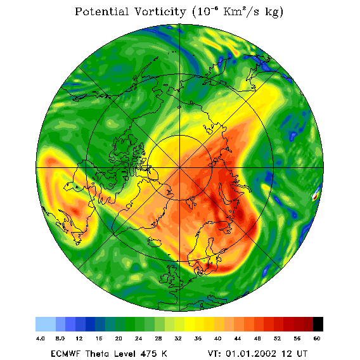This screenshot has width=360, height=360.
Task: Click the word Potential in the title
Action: point(101,11)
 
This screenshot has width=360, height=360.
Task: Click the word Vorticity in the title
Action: point(160,11)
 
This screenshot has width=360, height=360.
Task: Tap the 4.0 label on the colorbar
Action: point(41,338)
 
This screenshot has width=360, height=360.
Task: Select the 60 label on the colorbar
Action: point(317,338)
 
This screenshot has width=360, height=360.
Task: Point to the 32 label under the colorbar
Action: point(178,338)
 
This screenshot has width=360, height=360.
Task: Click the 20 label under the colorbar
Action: point(119,338)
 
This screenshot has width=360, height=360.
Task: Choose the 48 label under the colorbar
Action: point(257,338)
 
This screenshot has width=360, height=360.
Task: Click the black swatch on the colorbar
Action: point(318,324)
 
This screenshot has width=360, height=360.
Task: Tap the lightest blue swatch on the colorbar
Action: point(46,324)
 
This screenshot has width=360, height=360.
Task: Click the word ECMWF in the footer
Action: point(65,354)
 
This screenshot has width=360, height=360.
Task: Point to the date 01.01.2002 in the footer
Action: point(251,354)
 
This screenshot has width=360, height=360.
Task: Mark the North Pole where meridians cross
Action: point(179,167)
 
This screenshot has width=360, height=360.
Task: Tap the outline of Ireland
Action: point(164,278)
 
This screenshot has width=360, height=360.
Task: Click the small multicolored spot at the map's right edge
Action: point(316,195)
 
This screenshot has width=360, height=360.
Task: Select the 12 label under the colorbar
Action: point(79,338)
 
